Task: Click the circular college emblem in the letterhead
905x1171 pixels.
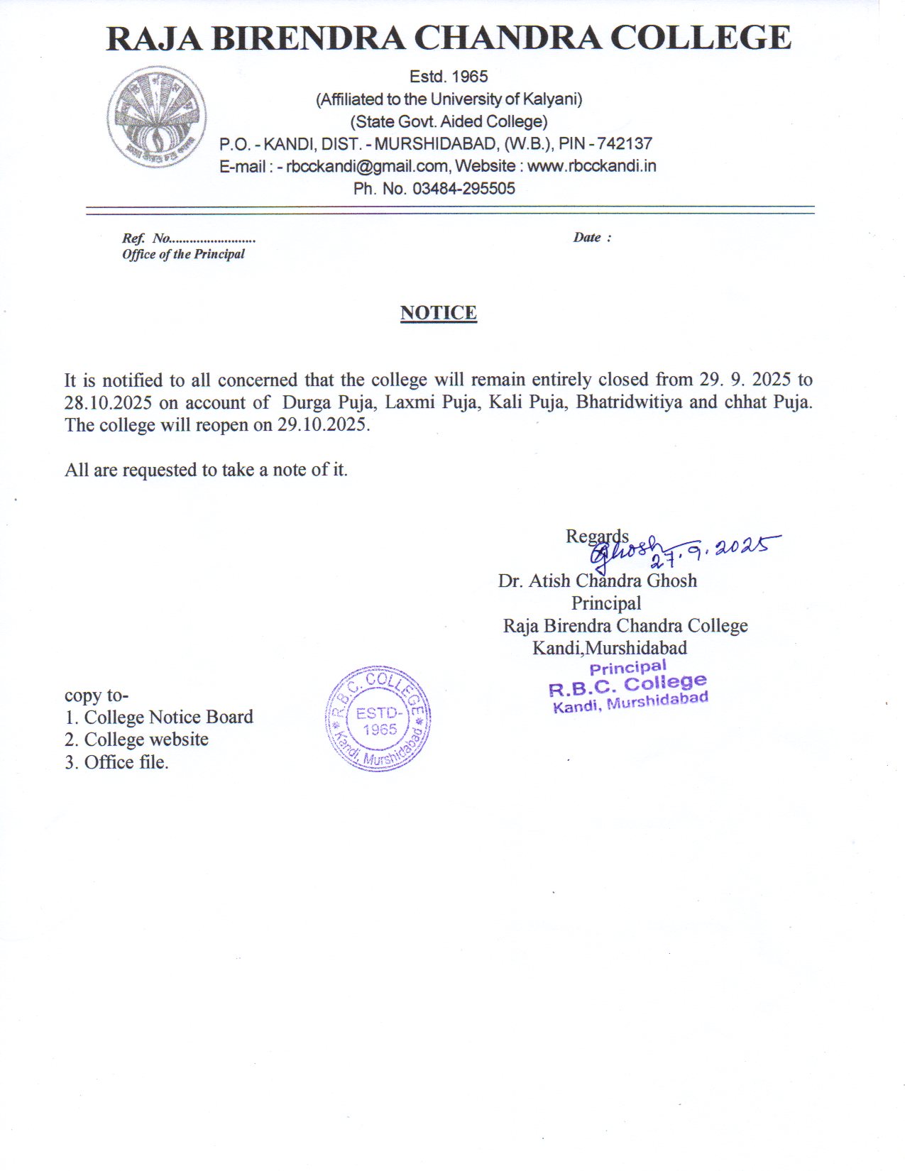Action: [157, 117]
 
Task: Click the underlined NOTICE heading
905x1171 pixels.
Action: [438, 313]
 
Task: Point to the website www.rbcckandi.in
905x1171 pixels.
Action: [591, 166]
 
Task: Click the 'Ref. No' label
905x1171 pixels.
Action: [146, 238]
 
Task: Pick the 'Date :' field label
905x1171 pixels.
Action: [592, 238]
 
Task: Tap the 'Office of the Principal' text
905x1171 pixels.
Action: [183, 254]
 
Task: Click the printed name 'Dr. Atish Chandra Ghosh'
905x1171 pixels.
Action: [597, 581]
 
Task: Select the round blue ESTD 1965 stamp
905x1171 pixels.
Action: [378, 718]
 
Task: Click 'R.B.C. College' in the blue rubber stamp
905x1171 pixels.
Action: [627, 685]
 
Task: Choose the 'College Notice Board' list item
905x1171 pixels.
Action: [168, 718]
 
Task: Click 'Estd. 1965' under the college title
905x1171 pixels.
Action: [449, 77]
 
